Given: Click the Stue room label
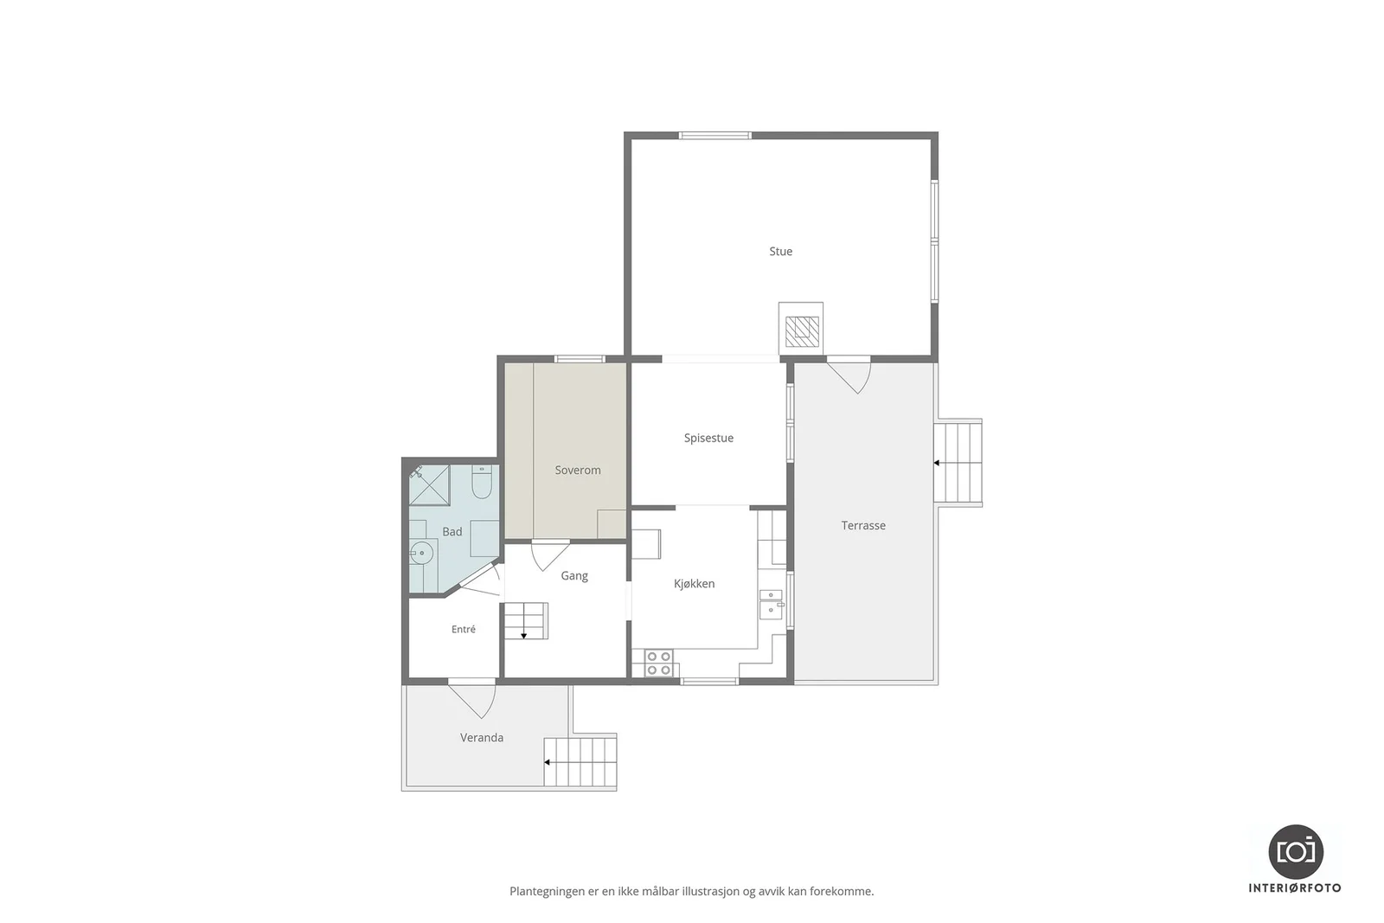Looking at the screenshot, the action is [780, 252].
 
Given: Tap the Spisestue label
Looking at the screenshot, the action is [708, 438].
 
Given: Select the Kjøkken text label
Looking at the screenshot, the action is [694, 584].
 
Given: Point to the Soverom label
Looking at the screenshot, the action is [578, 470].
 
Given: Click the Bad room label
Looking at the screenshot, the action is [452, 532].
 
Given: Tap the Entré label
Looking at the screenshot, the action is [464, 630].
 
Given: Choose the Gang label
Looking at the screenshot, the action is [574, 576].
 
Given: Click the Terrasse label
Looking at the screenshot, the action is [863, 526].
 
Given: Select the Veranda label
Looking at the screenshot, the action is [482, 738].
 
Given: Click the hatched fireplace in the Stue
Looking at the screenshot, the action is [802, 332].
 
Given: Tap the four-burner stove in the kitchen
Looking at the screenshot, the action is [658, 663].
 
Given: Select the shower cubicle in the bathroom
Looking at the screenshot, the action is [429, 485].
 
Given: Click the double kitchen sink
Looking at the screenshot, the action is [771, 604].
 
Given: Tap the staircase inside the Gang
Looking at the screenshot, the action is [526, 621].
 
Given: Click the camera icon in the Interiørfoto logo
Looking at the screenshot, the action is [1296, 852].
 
